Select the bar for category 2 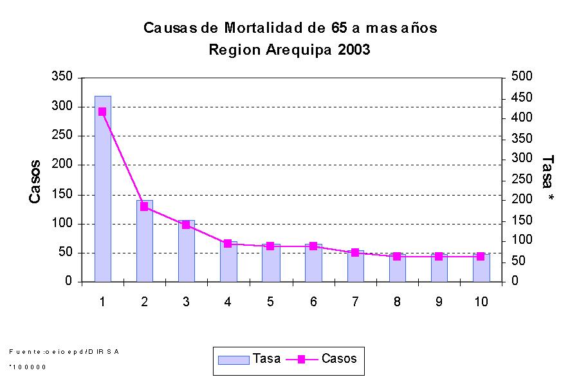click(144, 241)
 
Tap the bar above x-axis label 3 click(186, 251)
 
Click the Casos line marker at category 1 click(102, 112)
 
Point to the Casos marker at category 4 click(228, 243)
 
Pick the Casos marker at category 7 click(354, 252)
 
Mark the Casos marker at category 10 click(481, 256)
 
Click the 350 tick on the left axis click(63, 77)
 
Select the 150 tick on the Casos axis click(63, 194)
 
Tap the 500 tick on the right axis click(520, 77)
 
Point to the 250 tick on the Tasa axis click(520, 179)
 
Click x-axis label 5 click(270, 301)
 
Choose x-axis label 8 click(396, 301)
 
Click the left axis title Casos click(36, 182)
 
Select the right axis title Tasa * click(547, 179)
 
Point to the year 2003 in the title click(354, 50)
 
